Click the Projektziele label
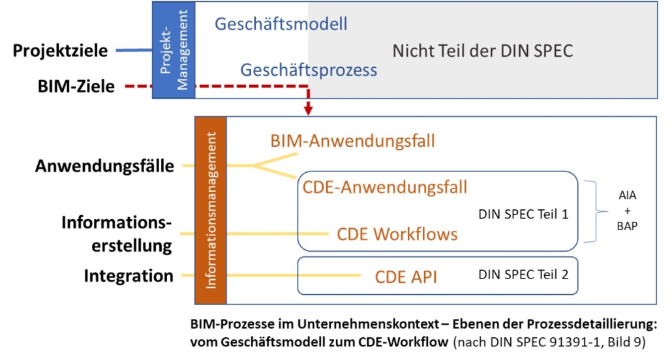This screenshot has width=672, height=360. (60, 50)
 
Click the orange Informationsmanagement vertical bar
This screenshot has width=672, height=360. (210, 210)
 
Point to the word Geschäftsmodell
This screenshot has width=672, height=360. (281, 24)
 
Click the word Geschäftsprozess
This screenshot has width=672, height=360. (309, 70)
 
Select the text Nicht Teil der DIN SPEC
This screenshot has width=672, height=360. (482, 50)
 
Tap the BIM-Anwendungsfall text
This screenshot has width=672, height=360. (352, 140)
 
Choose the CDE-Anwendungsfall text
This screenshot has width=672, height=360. (385, 187)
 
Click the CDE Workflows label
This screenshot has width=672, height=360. (397, 233)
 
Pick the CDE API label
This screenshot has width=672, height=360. (406, 277)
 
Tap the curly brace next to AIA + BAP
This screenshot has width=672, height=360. (595, 211)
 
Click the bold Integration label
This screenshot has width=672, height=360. (129, 276)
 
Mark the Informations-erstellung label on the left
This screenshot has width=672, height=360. (117, 234)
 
